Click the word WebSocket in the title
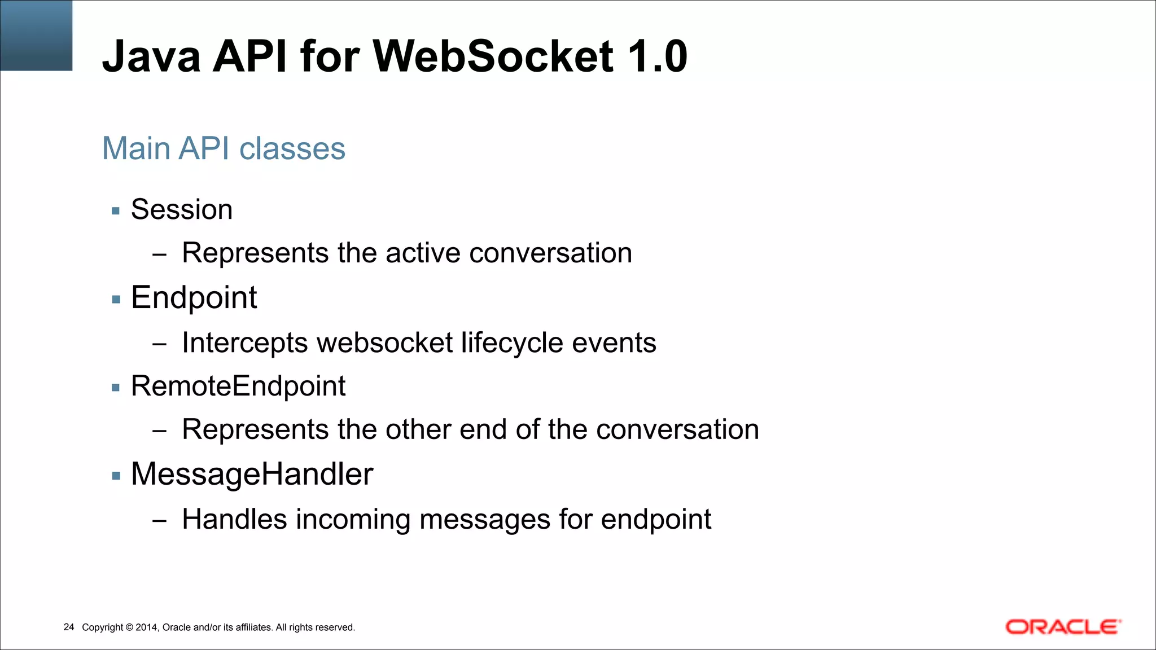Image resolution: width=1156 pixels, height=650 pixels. click(493, 56)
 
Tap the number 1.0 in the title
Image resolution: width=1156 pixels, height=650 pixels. click(657, 56)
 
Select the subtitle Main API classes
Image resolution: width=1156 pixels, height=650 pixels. click(224, 148)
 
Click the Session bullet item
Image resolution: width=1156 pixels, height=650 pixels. click(182, 210)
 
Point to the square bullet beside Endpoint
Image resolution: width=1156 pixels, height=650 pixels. click(116, 300)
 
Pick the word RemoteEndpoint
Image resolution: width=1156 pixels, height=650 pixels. click(238, 387)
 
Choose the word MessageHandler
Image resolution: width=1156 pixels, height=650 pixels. click(252, 474)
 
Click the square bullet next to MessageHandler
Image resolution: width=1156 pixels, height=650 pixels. click(116, 476)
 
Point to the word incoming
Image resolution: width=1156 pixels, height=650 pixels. click(353, 520)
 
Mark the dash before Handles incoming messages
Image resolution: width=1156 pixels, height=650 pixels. click(160, 520)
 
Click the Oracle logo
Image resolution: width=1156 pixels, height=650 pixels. click(1063, 627)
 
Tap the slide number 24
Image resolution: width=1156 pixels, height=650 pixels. click(69, 627)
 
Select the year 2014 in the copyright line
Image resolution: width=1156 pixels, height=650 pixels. click(147, 627)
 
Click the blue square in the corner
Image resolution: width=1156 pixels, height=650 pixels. click(36, 35)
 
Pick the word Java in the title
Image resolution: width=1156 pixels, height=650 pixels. click(151, 56)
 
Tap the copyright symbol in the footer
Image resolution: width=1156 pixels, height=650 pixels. click(129, 627)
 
